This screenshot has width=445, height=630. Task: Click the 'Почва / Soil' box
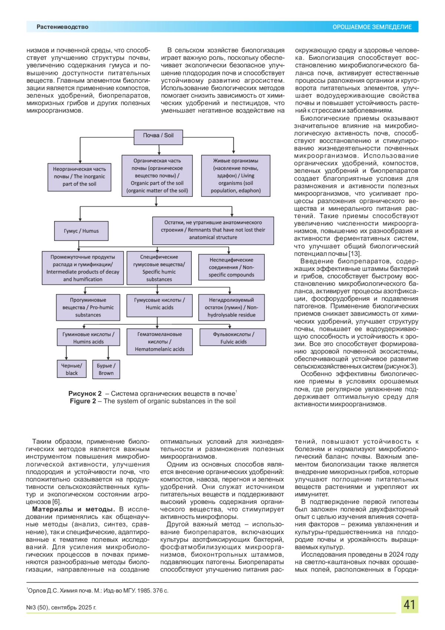pyautogui.click(x=158, y=136)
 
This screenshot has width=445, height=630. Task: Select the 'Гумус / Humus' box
pyautogui.click(x=81, y=231)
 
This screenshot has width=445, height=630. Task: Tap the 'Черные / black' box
pyautogui.click(x=72, y=369)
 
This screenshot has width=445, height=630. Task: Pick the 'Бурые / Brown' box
pyautogui.click(x=106, y=369)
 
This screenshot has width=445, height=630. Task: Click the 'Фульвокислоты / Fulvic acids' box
pyautogui.click(x=233, y=338)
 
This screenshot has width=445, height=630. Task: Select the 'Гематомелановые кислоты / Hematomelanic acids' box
pyautogui.click(x=159, y=342)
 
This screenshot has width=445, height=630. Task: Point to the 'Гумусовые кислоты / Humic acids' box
pyautogui.click(x=159, y=304)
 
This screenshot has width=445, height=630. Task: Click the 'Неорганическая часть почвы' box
pyautogui.click(x=79, y=177)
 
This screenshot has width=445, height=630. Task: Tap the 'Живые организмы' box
pyautogui.click(x=235, y=176)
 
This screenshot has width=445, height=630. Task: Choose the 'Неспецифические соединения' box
pyautogui.click(x=231, y=267)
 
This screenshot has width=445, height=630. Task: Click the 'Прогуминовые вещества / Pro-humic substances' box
pyautogui.click(x=88, y=307)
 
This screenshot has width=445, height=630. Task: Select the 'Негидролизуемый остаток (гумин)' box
pyautogui.click(x=231, y=307)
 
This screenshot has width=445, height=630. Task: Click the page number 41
pyautogui.click(x=409, y=605)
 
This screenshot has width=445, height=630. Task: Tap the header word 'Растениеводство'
pyautogui.click(x=62, y=27)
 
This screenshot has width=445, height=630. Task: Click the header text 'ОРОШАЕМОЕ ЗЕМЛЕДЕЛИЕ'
pyautogui.click(x=372, y=27)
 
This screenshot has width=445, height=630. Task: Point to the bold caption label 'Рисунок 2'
pyautogui.click(x=85, y=394)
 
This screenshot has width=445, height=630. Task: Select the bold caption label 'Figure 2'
pyautogui.click(x=83, y=401)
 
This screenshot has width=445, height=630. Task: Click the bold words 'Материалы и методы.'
pyautogui.click(x=73, y=509)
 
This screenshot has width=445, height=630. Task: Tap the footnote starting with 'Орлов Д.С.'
pyautogui.click(x=98, y=591)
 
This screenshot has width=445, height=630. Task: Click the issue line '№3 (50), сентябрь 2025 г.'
pyautogui.click(x=61, y=608)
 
